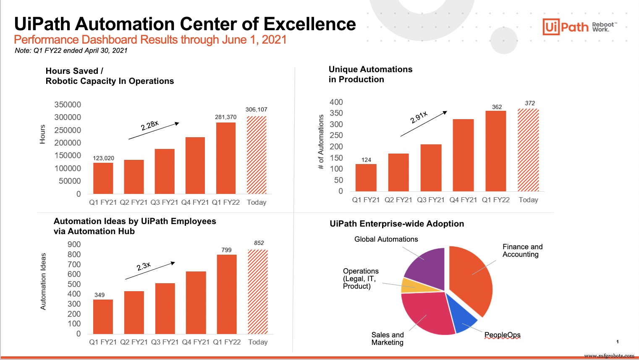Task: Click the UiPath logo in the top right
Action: click(566, 27)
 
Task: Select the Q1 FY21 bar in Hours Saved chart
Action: click(103, 178)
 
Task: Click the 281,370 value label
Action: click(225, 117)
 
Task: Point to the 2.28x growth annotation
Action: click(150, 125)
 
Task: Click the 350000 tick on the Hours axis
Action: click(68, 104)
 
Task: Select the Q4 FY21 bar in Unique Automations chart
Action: click(463, 155)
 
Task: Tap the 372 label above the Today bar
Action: click(530, 103)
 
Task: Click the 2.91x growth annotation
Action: click(419, 117)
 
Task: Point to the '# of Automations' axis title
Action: click(321, 142)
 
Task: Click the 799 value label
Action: click(226, 250)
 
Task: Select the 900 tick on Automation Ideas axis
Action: click(74, 244)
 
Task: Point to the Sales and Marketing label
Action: click(387, 339)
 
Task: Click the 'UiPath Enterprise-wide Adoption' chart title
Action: click(397, 224)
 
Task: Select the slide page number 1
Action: click(617, 342)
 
